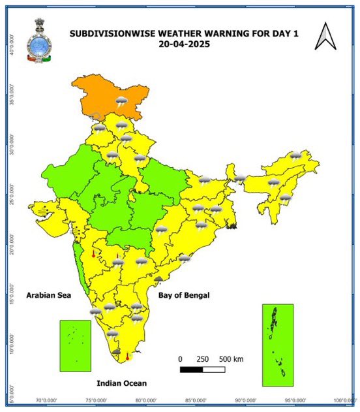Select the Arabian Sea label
point(48,296)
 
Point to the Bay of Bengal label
point(184,296)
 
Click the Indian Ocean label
point(121,383)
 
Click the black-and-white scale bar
point(202,370)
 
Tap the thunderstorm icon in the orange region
point(121,101)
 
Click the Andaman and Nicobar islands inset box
point(278,345)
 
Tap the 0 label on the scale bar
point(181,359)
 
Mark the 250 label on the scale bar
point(202,359)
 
